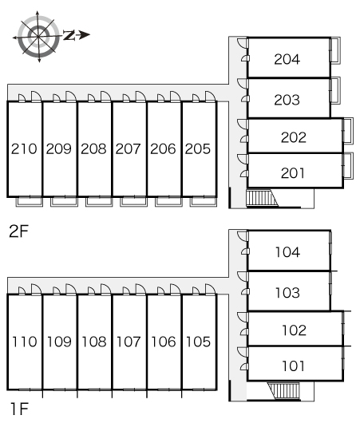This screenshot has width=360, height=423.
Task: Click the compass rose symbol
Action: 38,37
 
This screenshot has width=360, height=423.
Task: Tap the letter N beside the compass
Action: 69,35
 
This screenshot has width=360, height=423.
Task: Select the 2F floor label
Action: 18,231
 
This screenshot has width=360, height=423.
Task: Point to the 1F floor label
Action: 19,409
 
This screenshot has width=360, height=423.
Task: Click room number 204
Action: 287,59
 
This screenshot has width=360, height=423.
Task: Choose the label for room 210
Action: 24,149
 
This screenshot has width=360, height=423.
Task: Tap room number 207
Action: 129,149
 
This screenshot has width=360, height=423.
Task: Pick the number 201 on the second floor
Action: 293,173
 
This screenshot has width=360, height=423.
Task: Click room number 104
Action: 287,252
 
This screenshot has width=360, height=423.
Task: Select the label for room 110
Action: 25,342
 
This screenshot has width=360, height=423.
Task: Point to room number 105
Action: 198,342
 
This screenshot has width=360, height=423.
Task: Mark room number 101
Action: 293,366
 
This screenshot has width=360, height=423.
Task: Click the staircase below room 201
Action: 262,198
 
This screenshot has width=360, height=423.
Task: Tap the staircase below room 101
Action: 284,391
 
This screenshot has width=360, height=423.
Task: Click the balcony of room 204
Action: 335,50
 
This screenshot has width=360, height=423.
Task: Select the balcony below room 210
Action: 30,202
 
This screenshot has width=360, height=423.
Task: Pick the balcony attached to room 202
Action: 348,131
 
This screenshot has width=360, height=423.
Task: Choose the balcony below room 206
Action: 168,202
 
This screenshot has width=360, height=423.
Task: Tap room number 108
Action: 94,342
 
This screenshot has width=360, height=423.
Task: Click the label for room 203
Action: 287,100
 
